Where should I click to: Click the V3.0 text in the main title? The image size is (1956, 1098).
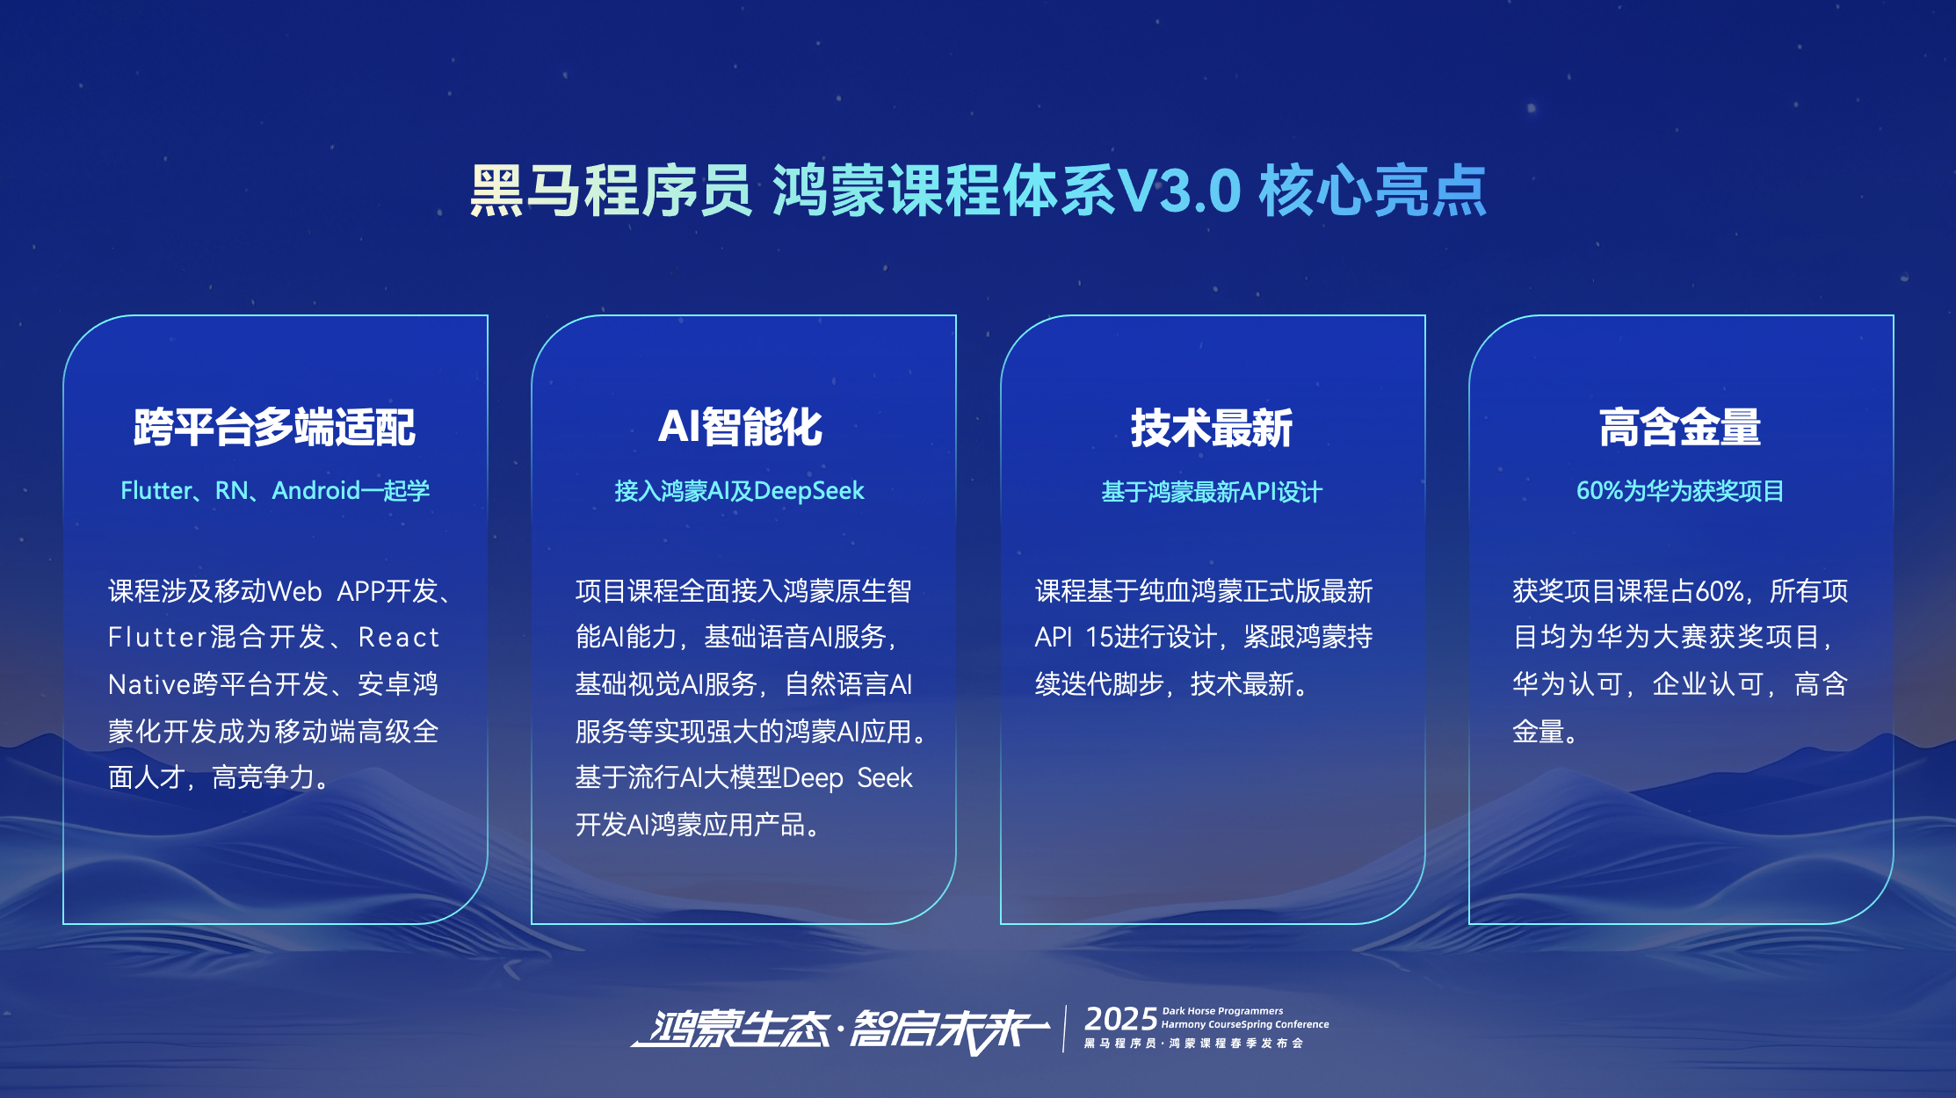point(1178,191)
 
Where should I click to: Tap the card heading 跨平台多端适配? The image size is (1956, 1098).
point(274,428)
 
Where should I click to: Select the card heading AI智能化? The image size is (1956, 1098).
point(740,428)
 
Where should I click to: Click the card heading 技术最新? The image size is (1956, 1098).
point(1212,428)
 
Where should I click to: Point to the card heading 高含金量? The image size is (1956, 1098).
point(1680,428)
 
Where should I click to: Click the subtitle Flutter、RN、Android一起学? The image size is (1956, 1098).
point(275,490)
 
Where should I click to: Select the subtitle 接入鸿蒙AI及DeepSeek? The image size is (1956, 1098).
point(740,490)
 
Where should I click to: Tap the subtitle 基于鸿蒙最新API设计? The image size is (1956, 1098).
point(1212,491)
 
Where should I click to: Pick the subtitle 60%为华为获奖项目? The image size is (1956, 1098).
point(1680,490)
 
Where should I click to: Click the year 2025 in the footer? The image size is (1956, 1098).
point(1120,1020)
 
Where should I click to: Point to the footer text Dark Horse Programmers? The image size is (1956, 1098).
point(1222,1011)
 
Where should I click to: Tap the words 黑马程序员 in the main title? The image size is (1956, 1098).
point(611,191)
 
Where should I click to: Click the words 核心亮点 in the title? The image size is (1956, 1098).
point(1373,191)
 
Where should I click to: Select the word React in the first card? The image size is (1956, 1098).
point(398,637)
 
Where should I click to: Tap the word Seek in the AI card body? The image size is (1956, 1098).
point(885,778)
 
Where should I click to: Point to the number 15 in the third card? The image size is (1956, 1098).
point(1099,637)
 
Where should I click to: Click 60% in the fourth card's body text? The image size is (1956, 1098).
point(1720,591)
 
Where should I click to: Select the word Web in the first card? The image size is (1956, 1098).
point(294,591)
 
